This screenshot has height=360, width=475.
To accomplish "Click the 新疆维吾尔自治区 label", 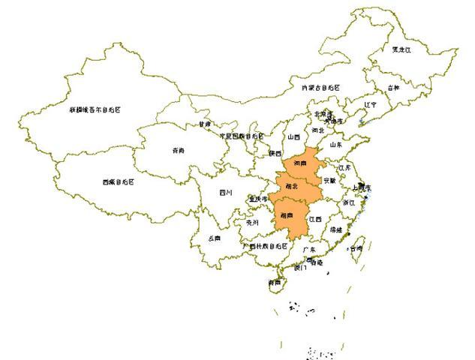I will (x=95, y=109).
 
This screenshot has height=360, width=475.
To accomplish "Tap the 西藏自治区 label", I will (x=121, y=181).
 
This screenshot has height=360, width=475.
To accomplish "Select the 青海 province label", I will (x=178, y=150).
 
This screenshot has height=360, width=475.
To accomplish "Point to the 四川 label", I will (x=226, y=192).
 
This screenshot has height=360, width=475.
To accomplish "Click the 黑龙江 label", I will (x=403, y=49).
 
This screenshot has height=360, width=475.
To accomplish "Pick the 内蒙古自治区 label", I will (x=320, y=88).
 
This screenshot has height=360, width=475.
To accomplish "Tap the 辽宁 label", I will (x=370, y=105).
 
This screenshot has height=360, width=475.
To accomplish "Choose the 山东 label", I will (x=335, y=144).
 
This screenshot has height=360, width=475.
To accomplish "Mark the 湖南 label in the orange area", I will (x=285, y=214).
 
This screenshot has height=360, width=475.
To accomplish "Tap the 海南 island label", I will (x=275, y=283).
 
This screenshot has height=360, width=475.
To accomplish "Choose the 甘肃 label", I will (x=205, y=124).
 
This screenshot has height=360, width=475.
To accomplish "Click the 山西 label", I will (x=293, y=137).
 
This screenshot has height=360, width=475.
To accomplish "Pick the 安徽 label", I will (x=330, y=181).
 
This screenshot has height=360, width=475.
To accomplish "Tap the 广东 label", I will (x=308, y=248).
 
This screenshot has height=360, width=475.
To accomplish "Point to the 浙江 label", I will (x=348, y=202).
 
